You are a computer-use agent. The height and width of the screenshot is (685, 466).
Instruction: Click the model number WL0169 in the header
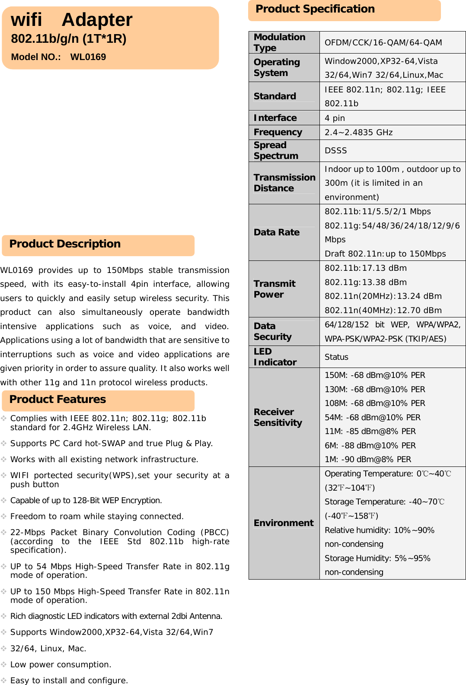pos(88,57)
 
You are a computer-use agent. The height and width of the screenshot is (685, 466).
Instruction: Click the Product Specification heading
pos(315,9)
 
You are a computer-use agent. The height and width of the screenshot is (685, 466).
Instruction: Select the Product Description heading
pos(65,244)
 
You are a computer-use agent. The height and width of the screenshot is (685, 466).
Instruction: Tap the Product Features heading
pos(57,400)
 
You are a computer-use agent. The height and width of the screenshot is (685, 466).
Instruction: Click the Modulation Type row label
pos(279,42)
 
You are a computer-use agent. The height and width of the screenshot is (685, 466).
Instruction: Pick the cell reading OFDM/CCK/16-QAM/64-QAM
pos(383,42)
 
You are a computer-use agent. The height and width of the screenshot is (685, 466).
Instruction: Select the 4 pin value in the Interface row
pos(335,118)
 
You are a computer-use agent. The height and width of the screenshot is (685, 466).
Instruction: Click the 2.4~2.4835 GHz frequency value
pos(358,132)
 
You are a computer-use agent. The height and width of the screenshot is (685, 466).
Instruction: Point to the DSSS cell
pos(335,150)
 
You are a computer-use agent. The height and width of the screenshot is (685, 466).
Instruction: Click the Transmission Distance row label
pos(284,183)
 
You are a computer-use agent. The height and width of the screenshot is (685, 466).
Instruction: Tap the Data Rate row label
pos(276,232)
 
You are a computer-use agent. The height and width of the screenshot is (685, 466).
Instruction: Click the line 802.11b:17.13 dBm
pos(365,268)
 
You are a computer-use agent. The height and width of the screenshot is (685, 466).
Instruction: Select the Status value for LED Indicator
pos(336,357)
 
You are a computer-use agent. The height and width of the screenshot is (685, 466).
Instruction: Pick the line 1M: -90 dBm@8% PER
pos(367,459)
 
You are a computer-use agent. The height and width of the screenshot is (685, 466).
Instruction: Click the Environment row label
pos(283,523)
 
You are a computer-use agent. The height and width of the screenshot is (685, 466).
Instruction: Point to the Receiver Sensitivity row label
pos(278,417)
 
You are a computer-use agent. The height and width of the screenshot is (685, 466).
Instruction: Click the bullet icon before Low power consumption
pos(4,664)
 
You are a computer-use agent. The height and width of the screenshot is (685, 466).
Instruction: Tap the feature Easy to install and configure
pos(69,680)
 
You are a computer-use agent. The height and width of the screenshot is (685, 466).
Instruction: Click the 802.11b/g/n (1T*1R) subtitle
pos(69,39)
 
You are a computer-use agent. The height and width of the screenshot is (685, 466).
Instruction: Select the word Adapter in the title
pos(97,20)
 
